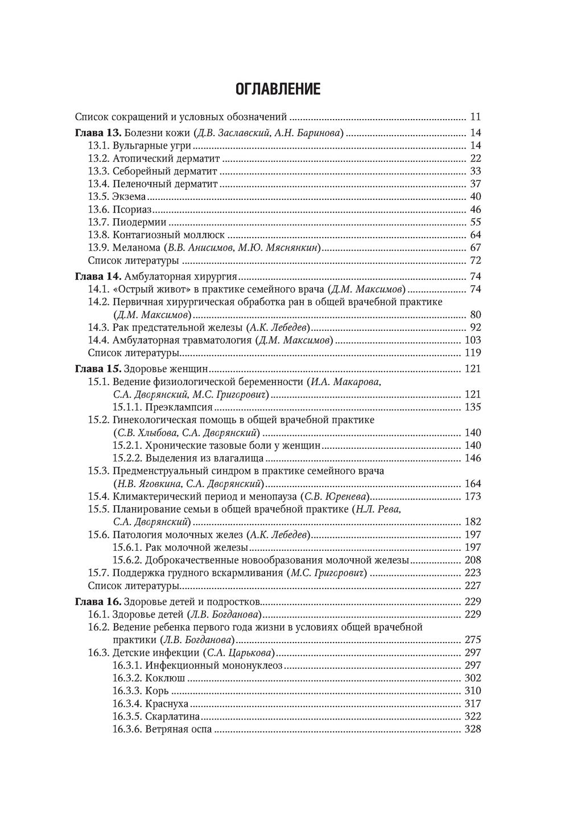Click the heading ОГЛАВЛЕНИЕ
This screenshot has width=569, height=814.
(x=278, y=89)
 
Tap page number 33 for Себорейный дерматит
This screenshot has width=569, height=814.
(x=476, y=171)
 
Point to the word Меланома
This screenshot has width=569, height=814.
(x=137, y=248)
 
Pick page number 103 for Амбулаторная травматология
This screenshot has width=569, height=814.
(x=473, y=341)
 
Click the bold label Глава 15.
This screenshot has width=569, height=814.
(x=98, y=369)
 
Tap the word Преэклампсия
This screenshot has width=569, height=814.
(x=179, y=407)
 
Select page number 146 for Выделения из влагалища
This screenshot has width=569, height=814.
(x=473, y=458)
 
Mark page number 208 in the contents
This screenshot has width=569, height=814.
(x=473, y=560)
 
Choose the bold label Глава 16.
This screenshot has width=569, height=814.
(x=98, y=602)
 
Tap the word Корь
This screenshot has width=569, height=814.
(x=157, y=691)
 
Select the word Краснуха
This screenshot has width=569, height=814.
(x=167, y=704)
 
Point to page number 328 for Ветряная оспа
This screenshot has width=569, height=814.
(x=473, y=729)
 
